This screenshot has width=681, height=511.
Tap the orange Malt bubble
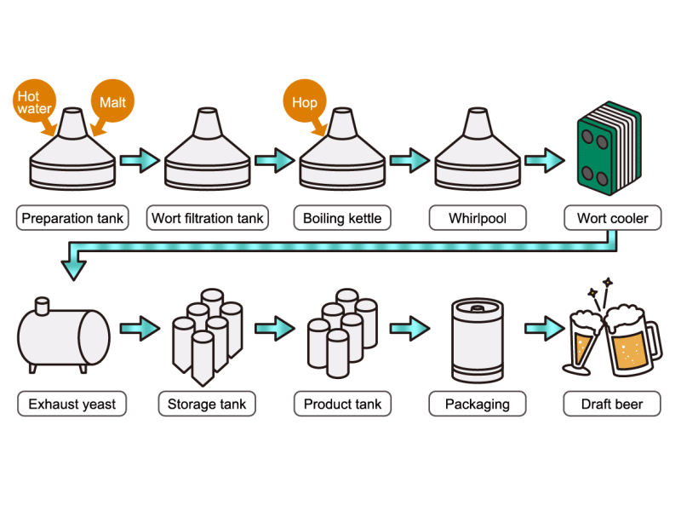click(x=112, y=102)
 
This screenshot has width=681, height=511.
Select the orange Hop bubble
click(x=304, y=102)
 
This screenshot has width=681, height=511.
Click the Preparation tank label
click(x=72, y=218)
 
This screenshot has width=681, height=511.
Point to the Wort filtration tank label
click(x=207, y=218)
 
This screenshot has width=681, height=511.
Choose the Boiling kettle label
click(x=342, y=218)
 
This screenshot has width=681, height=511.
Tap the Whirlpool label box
click(x=478, y=218)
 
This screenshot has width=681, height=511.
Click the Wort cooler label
click(x=612, y=218)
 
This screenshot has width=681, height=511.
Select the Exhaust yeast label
click(x=72, y=404)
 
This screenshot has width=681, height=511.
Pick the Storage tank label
click(x=207, y=404)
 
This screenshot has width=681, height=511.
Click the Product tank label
click(x=342, y=404)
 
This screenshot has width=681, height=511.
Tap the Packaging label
click(x=478, y=404)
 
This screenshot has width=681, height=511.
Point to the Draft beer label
click(x=612, y=404)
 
